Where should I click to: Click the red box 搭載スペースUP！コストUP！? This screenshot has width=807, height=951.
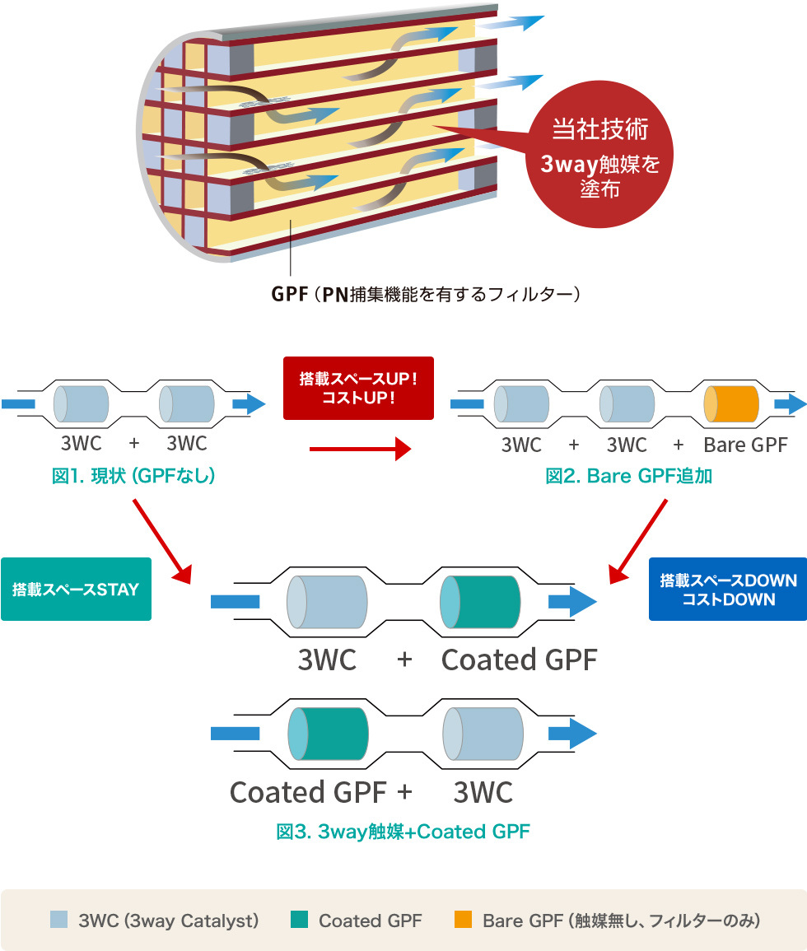[x=358, y=388]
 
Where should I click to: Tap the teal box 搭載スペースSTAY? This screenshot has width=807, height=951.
[x=76, y=589]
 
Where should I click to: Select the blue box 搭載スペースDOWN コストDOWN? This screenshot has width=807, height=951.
[x=728, y=589]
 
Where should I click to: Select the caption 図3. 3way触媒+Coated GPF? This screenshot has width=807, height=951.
[x=403, y=832]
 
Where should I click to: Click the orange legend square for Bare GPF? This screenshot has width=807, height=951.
[x=464, y=920]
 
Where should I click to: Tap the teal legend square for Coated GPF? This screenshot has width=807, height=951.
[x=300, y=920]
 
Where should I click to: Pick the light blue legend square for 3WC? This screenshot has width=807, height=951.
[x=58, y=920]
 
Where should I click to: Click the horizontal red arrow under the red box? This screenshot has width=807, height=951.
[x=360, y=449]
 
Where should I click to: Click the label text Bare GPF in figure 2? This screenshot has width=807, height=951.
[x=745, y=445]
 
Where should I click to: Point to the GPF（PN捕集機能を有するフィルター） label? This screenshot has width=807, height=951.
[x=426, y=294]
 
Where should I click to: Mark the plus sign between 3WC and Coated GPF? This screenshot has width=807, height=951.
[x=403, y=660]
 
